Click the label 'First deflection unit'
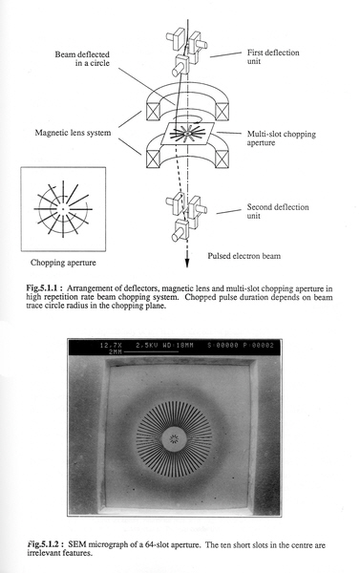[x=273, y=56]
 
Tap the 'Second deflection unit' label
[x=278, y=211]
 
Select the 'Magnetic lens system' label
[x=73, y=133]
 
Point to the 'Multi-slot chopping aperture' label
[x=282, y=138]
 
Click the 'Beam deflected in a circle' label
[x=82, y=58]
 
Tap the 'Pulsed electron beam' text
[x=244, y=256]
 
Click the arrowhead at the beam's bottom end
[x=187, y=264]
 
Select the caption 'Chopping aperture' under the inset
[x=63, y=263]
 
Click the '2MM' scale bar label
[x=116, y=351]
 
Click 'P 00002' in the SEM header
[x=259, y=346]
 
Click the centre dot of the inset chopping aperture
[x=63, y=209]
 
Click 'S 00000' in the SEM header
[x=222, y=346]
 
